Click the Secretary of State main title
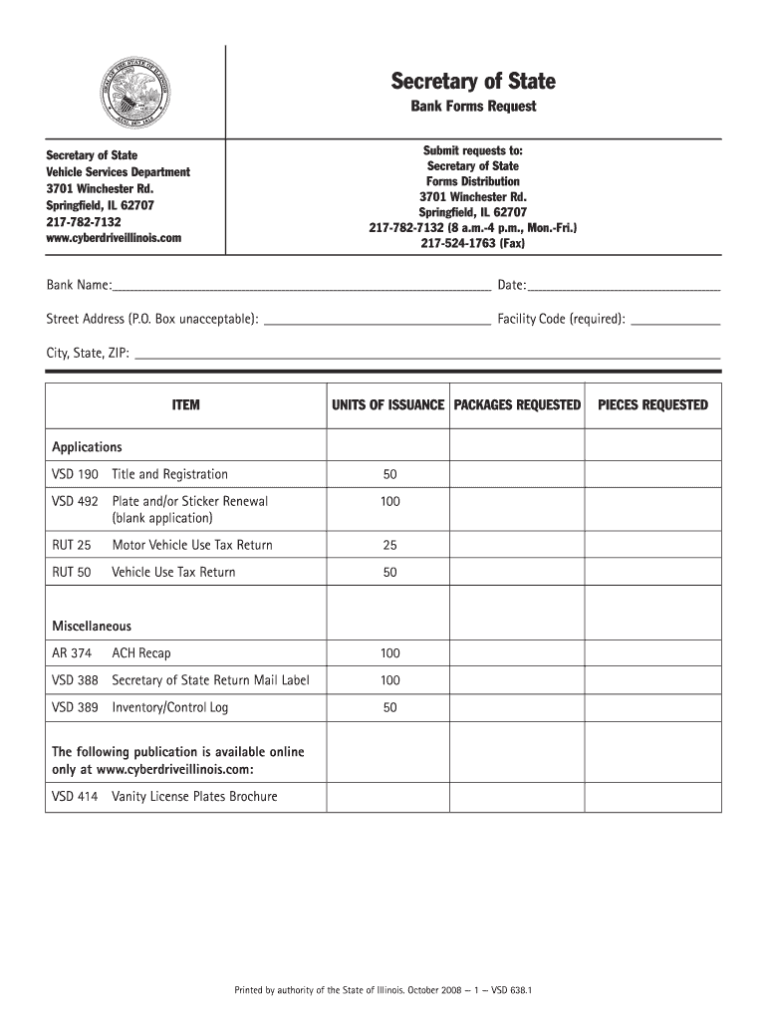tap(473, 81)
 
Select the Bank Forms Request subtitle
tap(473, 107)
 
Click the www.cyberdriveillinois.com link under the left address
tap(115, 238)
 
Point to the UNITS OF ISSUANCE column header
tap(388, 405)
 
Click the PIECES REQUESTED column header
tap(652, 405)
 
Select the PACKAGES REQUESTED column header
tap(517, 405)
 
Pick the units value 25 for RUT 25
tap(389, 546)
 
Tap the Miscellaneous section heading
tap(92, 627)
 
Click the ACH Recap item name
tap(141, 653)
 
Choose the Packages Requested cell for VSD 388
tap(517, 680)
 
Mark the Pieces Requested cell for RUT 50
tap(652, 573)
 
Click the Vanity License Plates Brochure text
tap(194, 797)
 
